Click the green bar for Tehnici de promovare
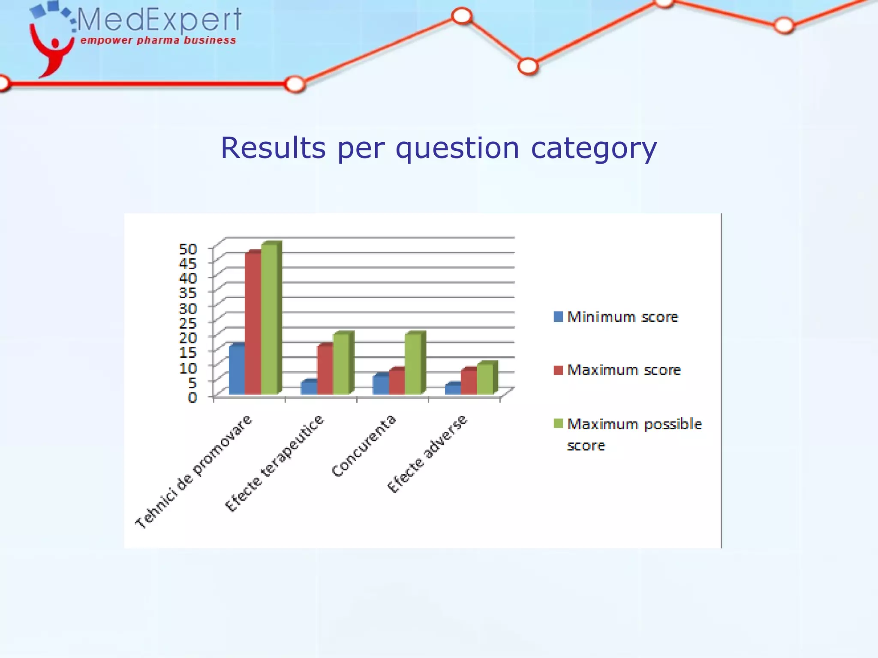[269, 319]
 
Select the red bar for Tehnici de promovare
[253, 323]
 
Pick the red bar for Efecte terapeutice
[325, 369]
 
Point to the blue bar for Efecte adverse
[453, 389]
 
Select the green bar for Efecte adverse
[485, 379]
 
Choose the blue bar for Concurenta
[381, 384]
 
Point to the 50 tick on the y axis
[188, 249]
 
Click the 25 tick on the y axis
[188, 323]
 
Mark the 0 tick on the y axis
[192, 397]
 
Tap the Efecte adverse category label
[427, 454]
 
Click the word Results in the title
[273, 148]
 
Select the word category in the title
[594, 148]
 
